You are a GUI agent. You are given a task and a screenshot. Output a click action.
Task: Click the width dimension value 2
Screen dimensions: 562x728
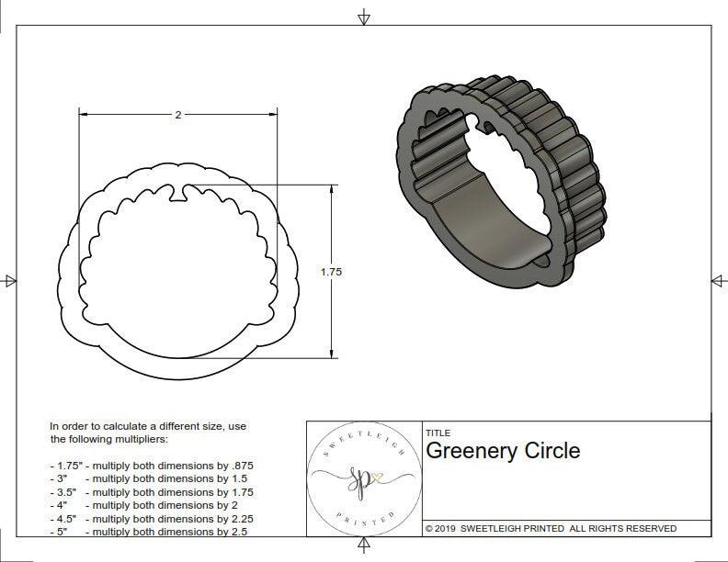click(x=177, y=115)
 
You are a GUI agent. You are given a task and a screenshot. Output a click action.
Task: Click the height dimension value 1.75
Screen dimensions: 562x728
click(x=331, y=272)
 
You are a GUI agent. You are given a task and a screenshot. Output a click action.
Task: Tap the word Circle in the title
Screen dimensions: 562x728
click(x=552, y=451)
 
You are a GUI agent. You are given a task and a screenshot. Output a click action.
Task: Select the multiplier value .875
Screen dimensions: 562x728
click(x=237, y=466)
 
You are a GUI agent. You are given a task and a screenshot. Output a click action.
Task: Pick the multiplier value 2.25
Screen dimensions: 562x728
click(x=236, y=518)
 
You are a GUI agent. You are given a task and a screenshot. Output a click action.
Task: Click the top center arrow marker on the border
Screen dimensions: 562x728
click(x=365, y=17)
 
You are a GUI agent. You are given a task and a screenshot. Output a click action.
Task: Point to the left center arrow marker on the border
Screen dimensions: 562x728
click(x=10, y=280)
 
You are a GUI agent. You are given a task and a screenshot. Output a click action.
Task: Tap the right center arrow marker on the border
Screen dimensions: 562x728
click(x=717, y=280)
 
